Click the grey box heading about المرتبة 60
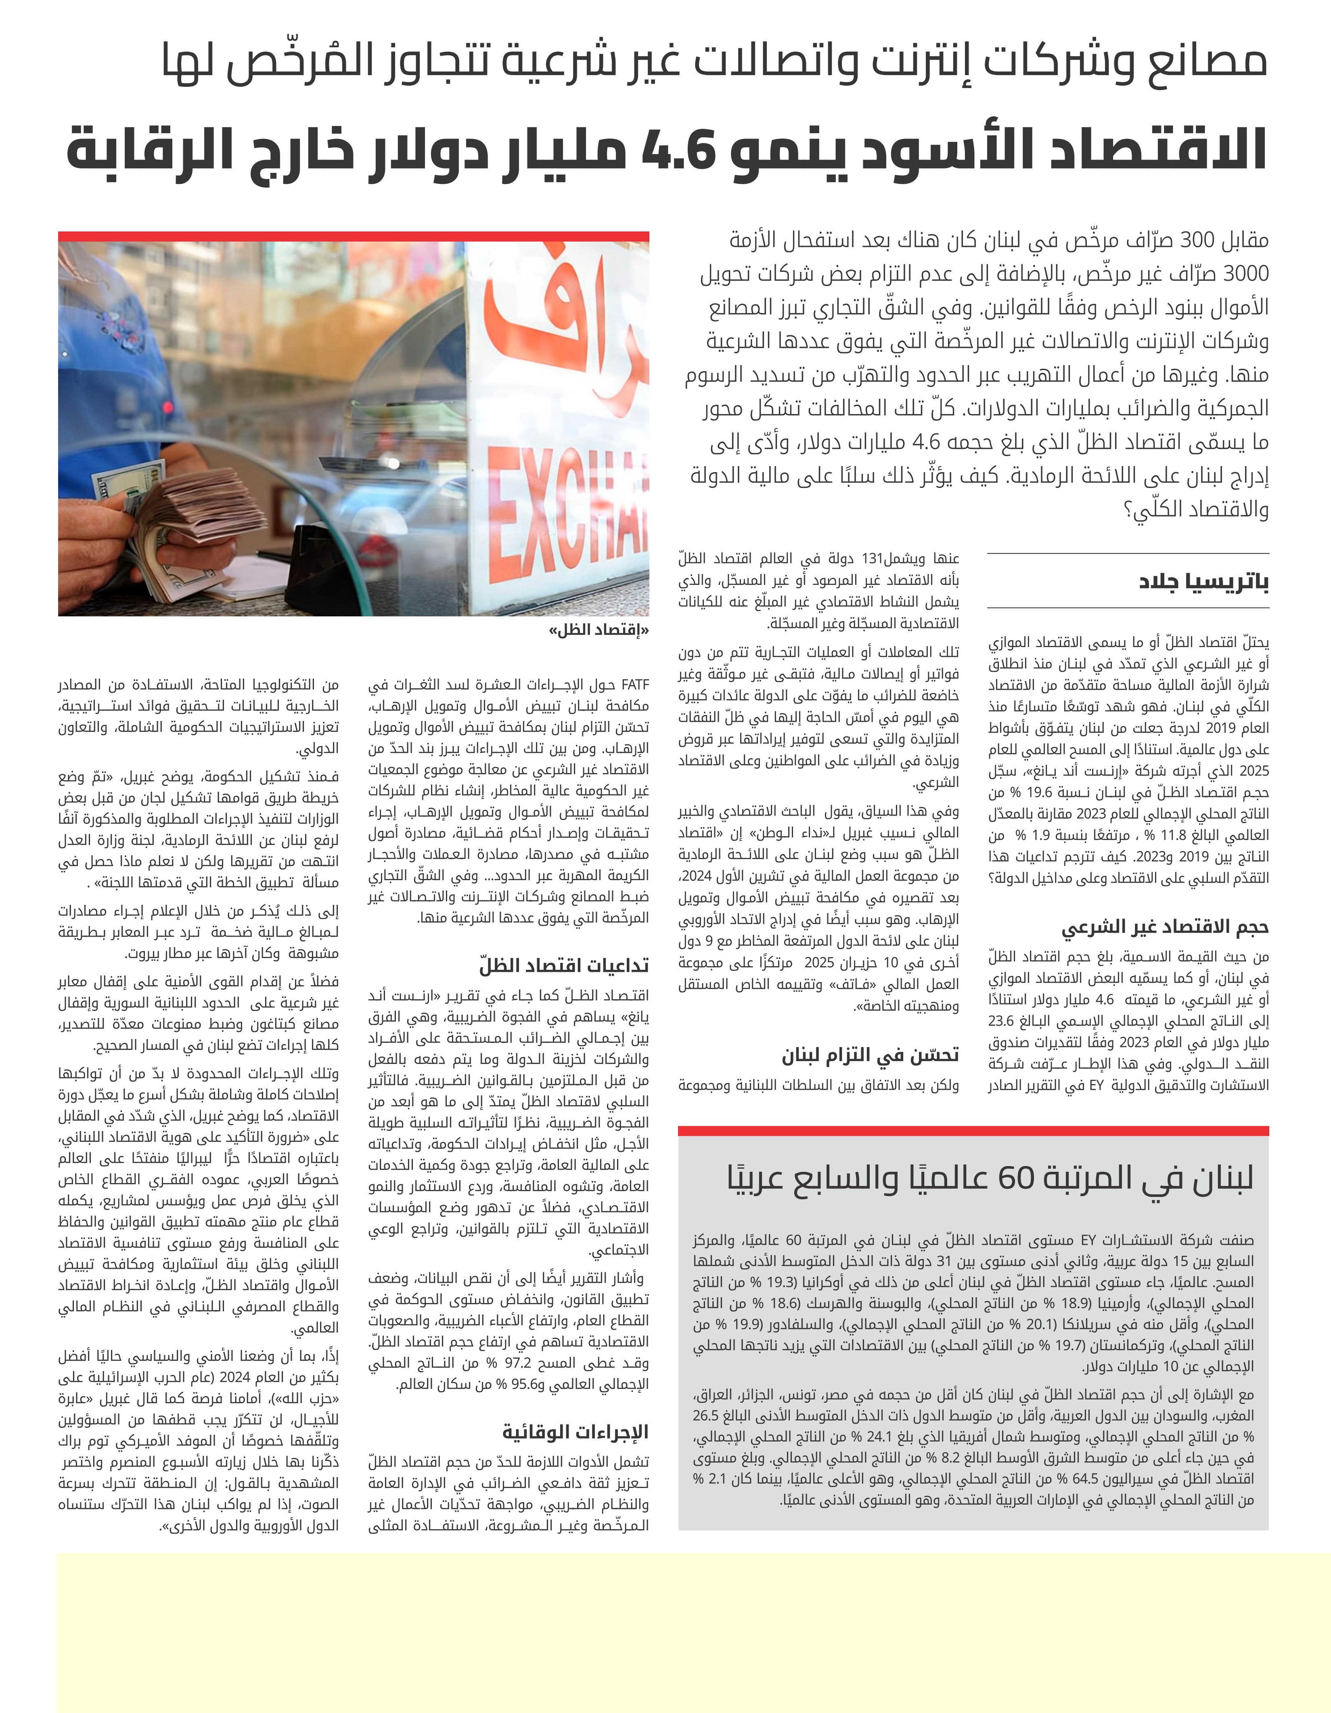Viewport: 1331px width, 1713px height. [991, 1177]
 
